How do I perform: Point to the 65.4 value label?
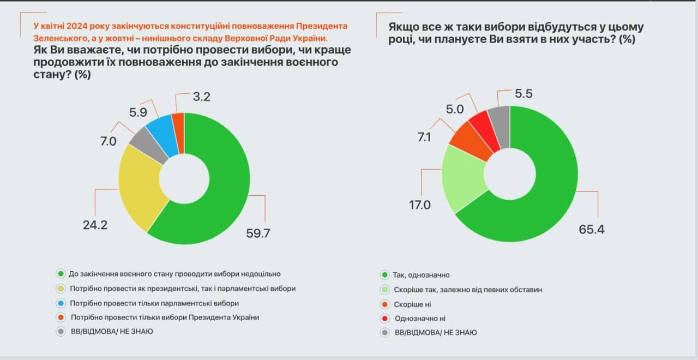(591, 229)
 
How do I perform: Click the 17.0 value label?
(420, 205)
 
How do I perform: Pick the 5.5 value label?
(523, 93)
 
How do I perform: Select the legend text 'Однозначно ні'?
(419, 318)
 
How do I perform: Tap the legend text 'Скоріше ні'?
(412, 304)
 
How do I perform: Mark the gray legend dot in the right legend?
(384, 332)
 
